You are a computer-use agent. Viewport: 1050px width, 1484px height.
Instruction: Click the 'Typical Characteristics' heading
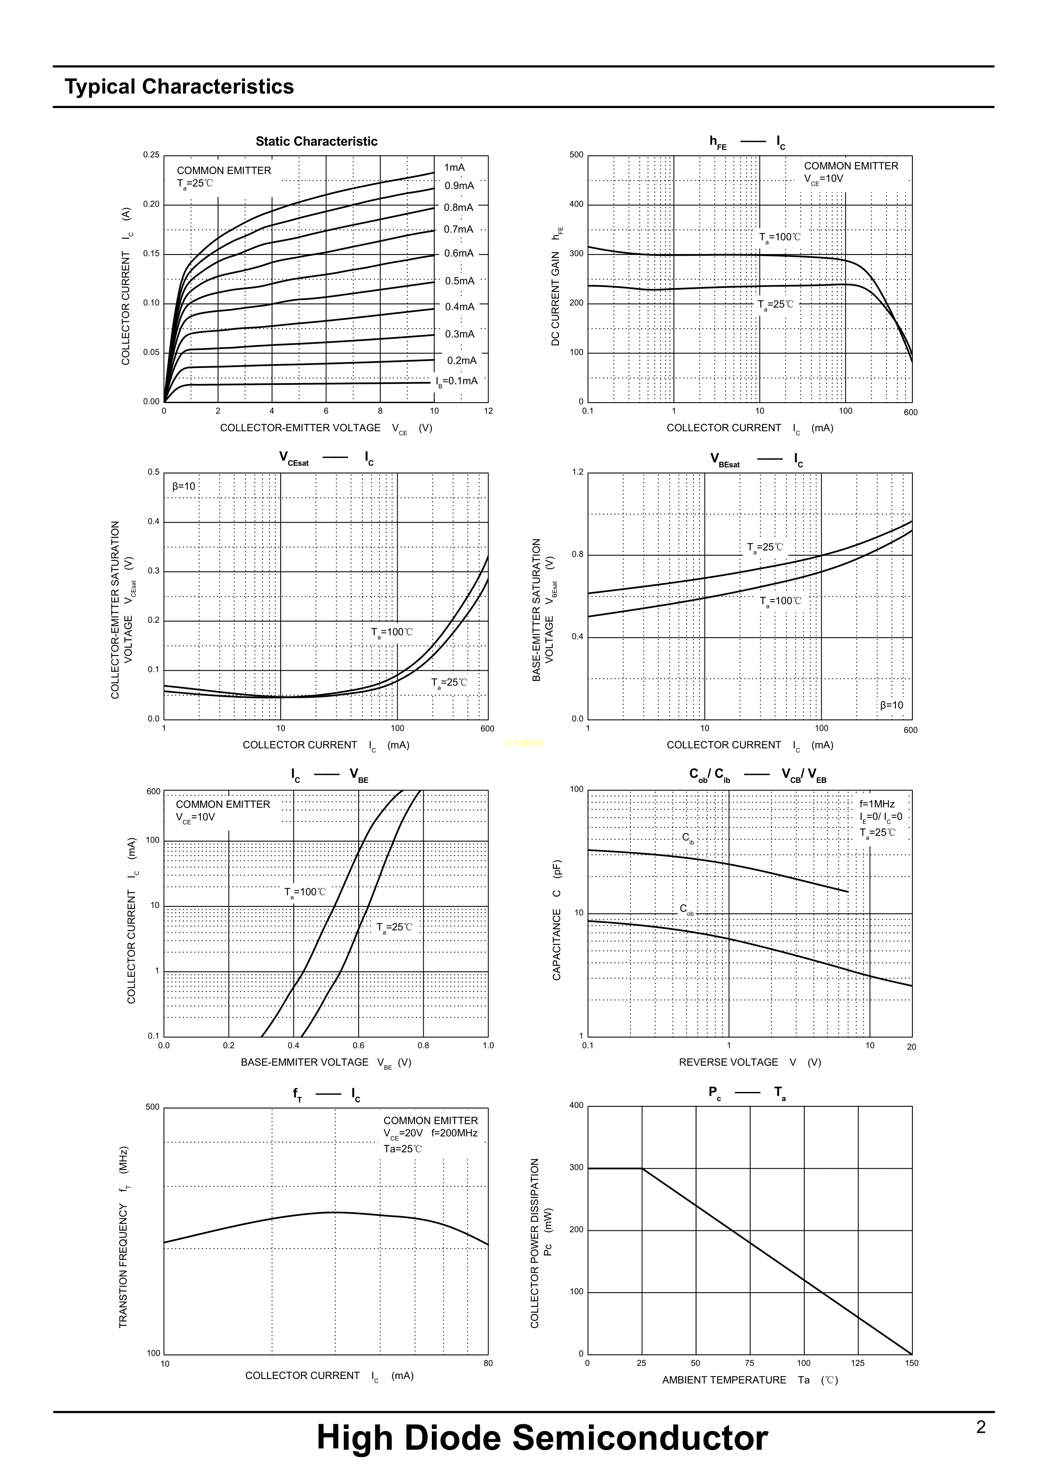(x=179, y=87)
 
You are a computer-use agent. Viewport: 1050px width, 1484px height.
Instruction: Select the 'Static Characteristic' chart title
(x=316, y=141)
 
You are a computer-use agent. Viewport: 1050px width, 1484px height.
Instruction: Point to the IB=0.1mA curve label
(x=456, y=381)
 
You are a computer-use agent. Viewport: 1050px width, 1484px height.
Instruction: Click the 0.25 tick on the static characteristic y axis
(x=151, y=155)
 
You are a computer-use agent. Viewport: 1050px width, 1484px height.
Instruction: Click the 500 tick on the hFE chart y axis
(x=576, y=155)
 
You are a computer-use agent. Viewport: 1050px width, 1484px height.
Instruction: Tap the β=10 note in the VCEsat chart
(x=184, y=486)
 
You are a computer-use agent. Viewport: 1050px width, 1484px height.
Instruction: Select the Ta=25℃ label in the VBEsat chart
(x=765, y=548)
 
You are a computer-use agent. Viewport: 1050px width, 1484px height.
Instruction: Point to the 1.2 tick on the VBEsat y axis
(x=577, y=472)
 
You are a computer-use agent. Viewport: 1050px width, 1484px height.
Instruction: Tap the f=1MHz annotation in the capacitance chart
(x=877, y=804)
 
